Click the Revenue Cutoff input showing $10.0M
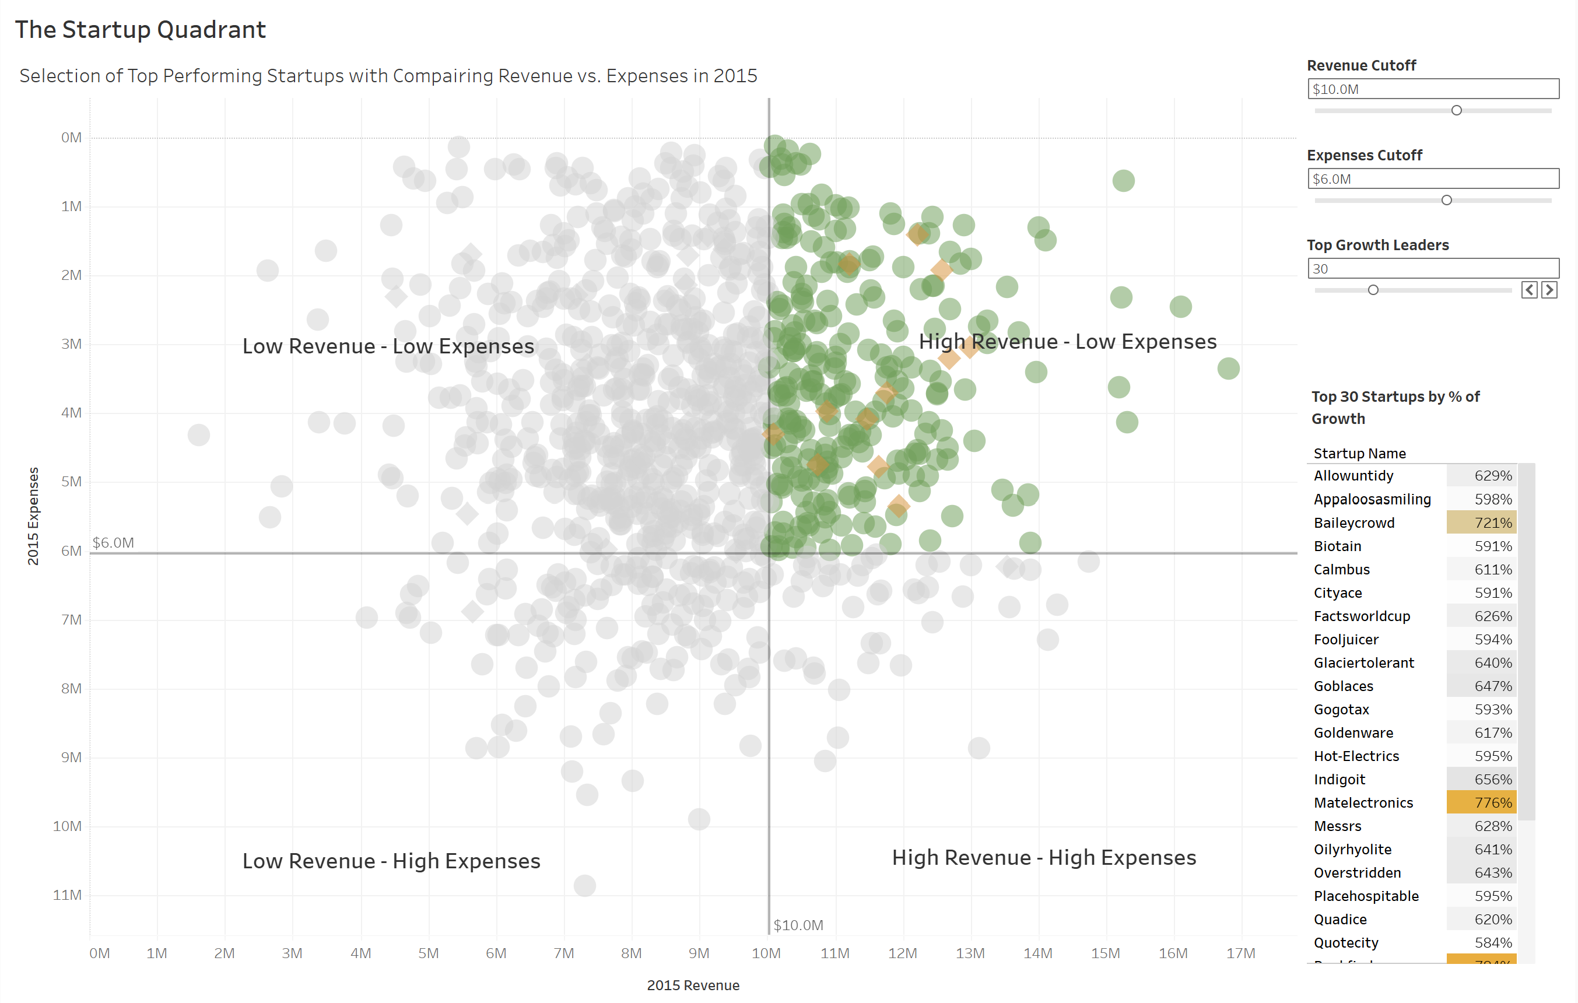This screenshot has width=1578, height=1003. (1433, 89)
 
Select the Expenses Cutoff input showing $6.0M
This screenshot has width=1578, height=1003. (1433, 179)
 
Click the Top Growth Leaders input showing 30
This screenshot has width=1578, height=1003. (1433, 269)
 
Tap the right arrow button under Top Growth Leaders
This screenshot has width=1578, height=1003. (1549, 290)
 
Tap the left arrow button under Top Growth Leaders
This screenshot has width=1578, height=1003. (1530, 290)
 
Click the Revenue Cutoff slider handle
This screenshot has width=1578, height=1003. (1456, 110)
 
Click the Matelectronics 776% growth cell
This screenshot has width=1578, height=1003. (1481, 802)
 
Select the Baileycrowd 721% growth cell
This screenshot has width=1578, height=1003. (1481, 523)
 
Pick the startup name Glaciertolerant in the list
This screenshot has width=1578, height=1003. (1364, 663)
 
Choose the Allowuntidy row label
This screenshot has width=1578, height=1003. (1353, 476)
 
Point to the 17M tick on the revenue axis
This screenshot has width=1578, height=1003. (1240, 953)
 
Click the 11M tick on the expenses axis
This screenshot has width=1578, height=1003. (68, 895)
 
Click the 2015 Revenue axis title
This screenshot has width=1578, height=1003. (693, 986)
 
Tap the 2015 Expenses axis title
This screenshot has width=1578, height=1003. (33, 516)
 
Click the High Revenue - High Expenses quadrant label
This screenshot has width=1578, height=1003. (1044, 858)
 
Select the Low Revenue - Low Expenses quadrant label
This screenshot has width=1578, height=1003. (388, 346)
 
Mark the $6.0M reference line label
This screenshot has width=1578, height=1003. (113, 542)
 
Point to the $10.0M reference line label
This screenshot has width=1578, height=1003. (798, 925)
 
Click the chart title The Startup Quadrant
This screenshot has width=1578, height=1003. (140, 30)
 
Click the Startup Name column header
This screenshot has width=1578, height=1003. (1360, 453)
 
